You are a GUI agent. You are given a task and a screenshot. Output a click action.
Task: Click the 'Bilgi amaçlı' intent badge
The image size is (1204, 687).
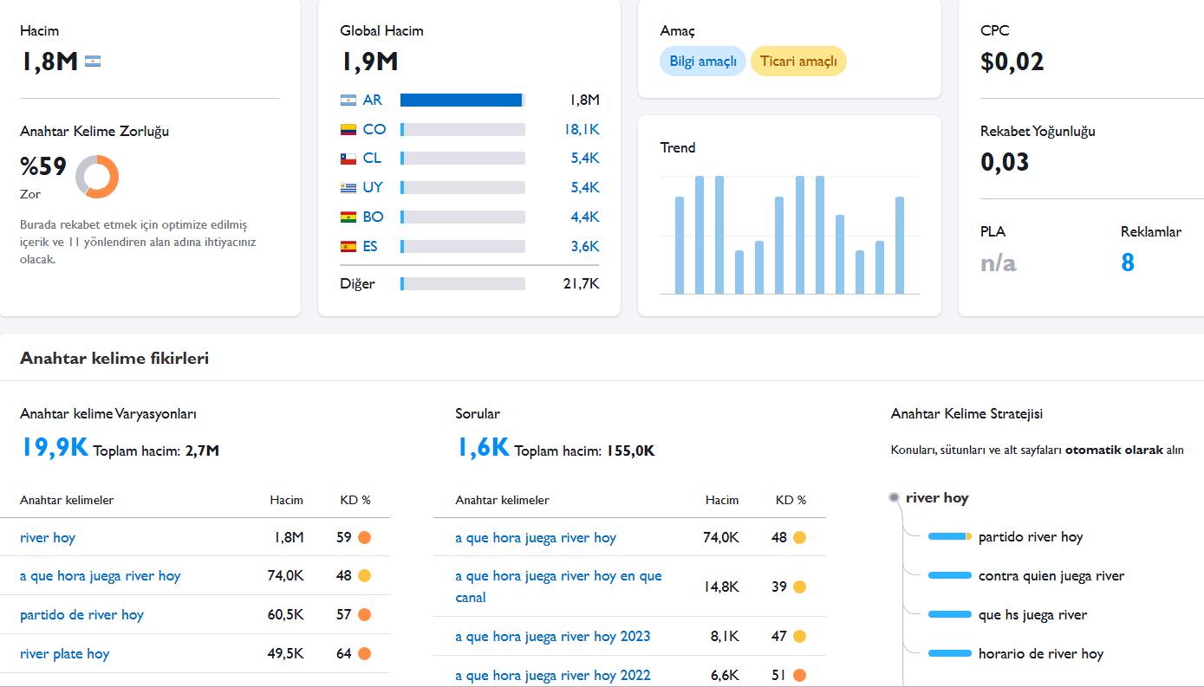pyautogui.click(x=702, y=62)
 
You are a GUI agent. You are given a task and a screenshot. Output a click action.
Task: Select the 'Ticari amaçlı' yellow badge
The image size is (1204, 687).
pyautogui.click(x=798, y=62)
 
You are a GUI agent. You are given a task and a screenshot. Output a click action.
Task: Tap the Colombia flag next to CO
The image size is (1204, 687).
pyautogui.click(x=348, y=129)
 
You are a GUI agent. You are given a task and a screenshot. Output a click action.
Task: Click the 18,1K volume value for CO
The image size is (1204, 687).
pyautogui.click(x=582, y=129)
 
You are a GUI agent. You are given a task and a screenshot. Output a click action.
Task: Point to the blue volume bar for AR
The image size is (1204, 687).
pyautogui.click(x=461, y=100)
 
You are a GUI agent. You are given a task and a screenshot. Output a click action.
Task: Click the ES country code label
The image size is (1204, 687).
pyautogui.click(x=370, y=247)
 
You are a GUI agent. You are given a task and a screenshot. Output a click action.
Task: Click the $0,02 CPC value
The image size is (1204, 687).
pyautogui.click(x=1012, y=62)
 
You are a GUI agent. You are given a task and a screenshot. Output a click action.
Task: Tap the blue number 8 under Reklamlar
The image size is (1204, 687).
pyautogui.click(x=1128, y=262)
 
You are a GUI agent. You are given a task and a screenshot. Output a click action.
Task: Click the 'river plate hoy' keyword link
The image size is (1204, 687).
pyautogui.click(x=64, y=654)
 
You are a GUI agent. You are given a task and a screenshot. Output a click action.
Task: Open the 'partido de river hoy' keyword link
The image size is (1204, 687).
pyautogui.click(x=81, y=614)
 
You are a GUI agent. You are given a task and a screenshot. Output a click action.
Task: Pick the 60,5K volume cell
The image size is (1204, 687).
pyautogui.click(x=285, y=614)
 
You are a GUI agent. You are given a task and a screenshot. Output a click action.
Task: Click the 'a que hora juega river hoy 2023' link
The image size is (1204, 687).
pyautogui.click(x=552, y=637)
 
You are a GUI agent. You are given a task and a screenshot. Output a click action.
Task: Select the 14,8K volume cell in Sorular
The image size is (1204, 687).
pyautogui.click(x=721, y=587)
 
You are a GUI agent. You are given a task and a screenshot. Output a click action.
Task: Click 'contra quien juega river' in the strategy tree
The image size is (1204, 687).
pyautogui.click(x=1051, y=576)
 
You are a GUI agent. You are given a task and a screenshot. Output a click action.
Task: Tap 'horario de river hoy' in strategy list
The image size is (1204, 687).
pyautogui.click(x=1040, y=654)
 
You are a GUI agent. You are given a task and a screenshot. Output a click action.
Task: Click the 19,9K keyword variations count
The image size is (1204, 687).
pyautogui.click(x=55, y=447)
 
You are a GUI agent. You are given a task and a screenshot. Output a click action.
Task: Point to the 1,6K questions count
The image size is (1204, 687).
pyautogui.click(x=483, y=447)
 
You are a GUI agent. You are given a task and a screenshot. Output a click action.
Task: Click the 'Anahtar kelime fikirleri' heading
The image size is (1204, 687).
pyautogui.click(x=114, y=359)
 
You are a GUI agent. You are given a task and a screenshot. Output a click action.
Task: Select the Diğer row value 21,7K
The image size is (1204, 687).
pyautogui.click(x=581, y=283)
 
